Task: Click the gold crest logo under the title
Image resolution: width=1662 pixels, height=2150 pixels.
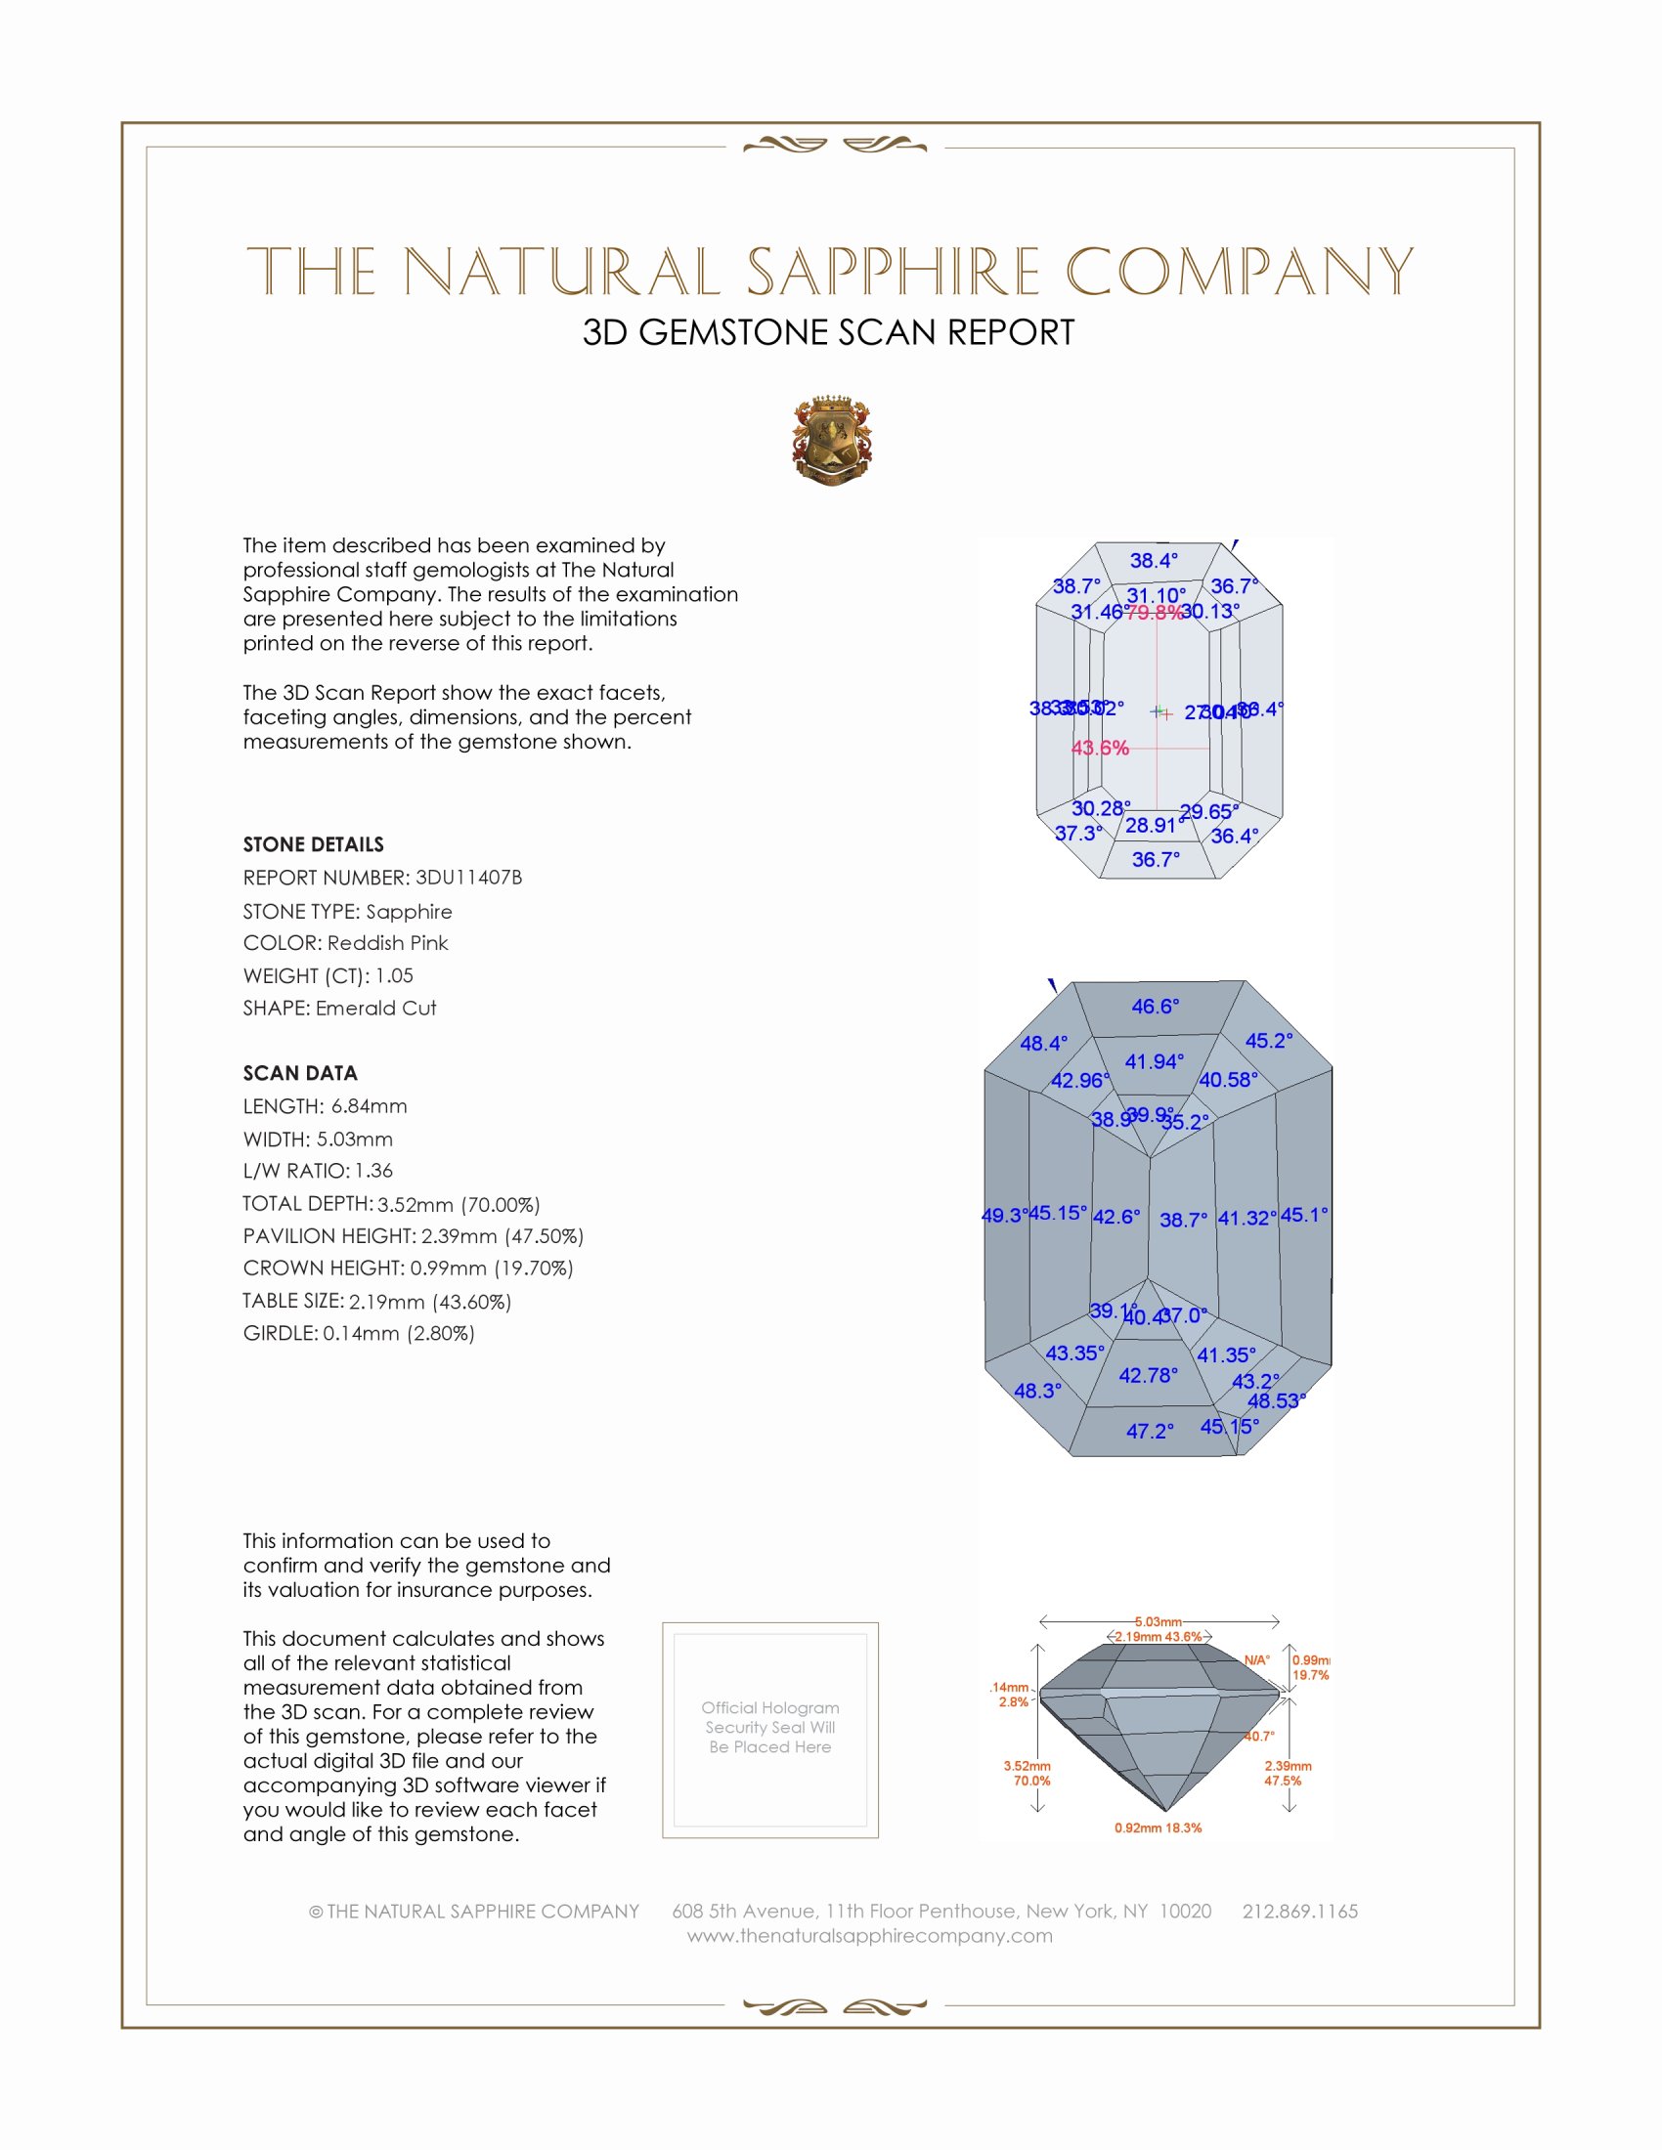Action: click(x=832, y=441)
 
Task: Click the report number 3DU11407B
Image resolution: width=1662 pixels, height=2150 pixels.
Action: click(x=468, y=878)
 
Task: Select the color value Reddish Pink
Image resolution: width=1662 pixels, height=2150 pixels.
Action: click(x=387, y=943)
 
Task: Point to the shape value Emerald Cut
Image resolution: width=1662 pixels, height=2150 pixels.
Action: click(x=375, y=1009)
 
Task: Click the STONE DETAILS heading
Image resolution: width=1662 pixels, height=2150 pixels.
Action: click(x=313, y=844)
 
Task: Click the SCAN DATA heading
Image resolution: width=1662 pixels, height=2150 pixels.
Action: click(x=300, y=1073)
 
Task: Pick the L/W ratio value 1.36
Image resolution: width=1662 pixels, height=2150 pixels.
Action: click(x=373, y=1171)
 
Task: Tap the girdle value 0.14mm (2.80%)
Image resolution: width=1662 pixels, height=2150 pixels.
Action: click(x=399, y=1333)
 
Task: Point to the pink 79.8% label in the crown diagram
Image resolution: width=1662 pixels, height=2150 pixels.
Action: click(x=1153, y=613)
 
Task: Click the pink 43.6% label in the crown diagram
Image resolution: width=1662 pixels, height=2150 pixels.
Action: click(x=1100, y=749)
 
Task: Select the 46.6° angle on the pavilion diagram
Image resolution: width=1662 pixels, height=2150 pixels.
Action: click(x=1155, y=1006)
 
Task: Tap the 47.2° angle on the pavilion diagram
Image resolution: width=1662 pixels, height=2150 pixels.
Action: click(x=1150, y=1431)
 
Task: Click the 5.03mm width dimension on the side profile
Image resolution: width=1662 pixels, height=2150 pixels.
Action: click(x=1158, y=1621)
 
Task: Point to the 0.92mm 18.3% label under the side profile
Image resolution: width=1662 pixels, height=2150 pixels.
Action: click(x=1158, y=1828)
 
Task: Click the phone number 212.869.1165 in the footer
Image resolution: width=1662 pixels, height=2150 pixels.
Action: click(x=1299, y=1912)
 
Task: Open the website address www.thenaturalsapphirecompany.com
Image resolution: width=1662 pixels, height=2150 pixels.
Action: click(x=869, y=1936)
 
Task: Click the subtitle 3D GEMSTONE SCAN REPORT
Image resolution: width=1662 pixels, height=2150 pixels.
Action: click(x=828, y=332)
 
